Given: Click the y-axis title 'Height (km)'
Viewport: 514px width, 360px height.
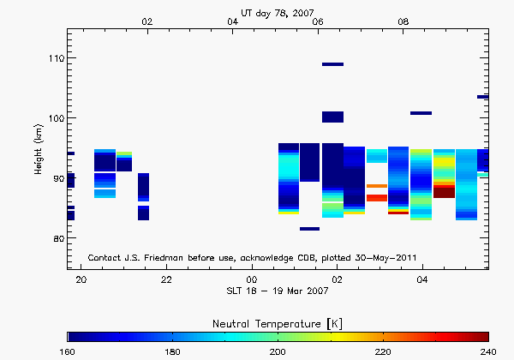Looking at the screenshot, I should [x=39, y=150].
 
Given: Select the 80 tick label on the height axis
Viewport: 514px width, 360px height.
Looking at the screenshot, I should [x=56, y=238].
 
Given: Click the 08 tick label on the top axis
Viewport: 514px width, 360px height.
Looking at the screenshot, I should [x=403, y=21].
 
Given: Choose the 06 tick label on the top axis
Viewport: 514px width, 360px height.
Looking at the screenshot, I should [x=319, y=21].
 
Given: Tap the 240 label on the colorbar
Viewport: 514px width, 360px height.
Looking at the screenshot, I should [x=487, y=351].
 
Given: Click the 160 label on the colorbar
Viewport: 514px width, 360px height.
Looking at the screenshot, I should [x=68, y=351].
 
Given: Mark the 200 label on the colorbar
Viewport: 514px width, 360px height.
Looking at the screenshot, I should [x=278, y=351].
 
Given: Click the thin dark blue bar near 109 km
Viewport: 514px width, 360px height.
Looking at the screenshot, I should [x=332, y=64].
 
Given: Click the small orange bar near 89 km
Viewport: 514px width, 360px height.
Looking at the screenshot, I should [x=376, y=186].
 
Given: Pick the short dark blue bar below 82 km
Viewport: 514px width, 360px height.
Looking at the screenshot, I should [x=309, y=229].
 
